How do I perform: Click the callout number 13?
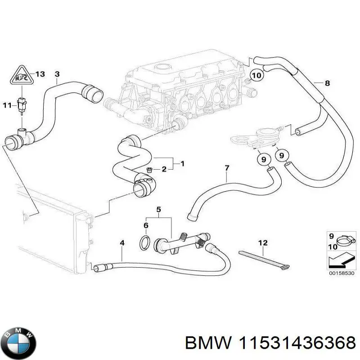coord(40,74)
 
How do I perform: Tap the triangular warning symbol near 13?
coord(22,76)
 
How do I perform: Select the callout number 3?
coord(57,73)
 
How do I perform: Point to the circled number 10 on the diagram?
coord(256,76)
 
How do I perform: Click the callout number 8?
coord(327,83)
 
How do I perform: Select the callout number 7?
coord(227,168)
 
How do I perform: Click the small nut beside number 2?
coord(149,170)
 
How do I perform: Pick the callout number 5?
coord(158,209)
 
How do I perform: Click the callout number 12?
coord(263,243)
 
